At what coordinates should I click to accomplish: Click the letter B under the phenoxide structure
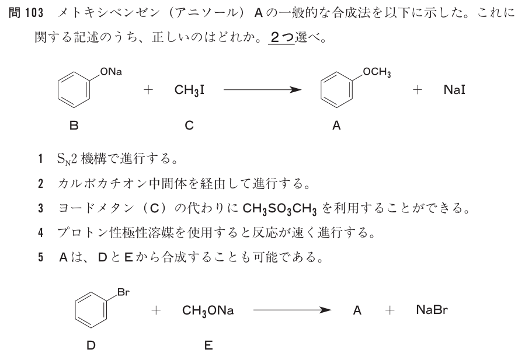[74, 124]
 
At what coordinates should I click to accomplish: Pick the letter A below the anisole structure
[336, 124]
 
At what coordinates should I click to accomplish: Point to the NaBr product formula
[432, 311]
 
